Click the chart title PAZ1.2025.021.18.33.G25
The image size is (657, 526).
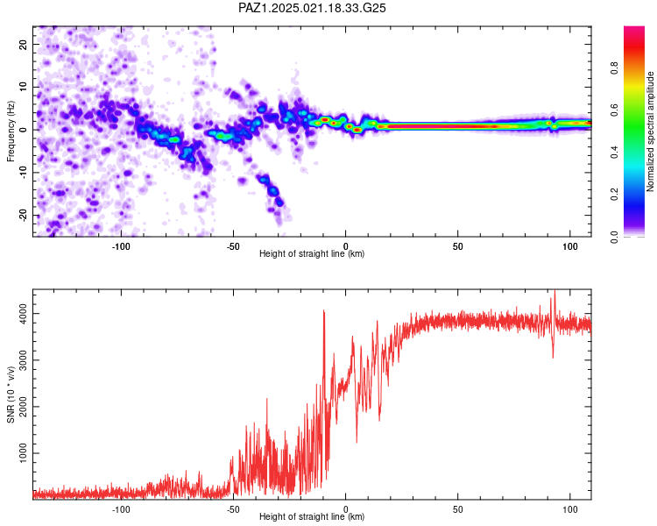pos(312,8)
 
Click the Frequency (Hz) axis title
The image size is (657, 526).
pos(11,131)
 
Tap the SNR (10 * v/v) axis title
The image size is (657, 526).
pos(11,394)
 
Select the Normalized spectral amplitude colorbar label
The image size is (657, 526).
pos(650,131)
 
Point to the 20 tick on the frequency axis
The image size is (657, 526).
pos(24,44)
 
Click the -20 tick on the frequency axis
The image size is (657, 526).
pos(24,216)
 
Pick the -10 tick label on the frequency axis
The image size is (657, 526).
pos(24,173)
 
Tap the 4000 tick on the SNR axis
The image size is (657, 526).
pos(24,313)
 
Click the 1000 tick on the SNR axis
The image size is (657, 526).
pos(24,453)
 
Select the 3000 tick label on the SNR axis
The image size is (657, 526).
pos(24,360)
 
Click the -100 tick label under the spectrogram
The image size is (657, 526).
pos(121,246)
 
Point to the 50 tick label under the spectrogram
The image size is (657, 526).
pos(457,246)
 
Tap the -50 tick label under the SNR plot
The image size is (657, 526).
pos(233,509)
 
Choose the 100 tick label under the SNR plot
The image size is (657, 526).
pos(570,509)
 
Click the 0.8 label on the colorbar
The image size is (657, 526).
pos(614,68)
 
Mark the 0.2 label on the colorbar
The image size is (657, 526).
pos(614,195)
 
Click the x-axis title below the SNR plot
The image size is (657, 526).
pos(312,516)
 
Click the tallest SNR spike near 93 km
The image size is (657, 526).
pos(555,291)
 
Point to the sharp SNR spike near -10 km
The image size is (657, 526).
pos(323,311)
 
